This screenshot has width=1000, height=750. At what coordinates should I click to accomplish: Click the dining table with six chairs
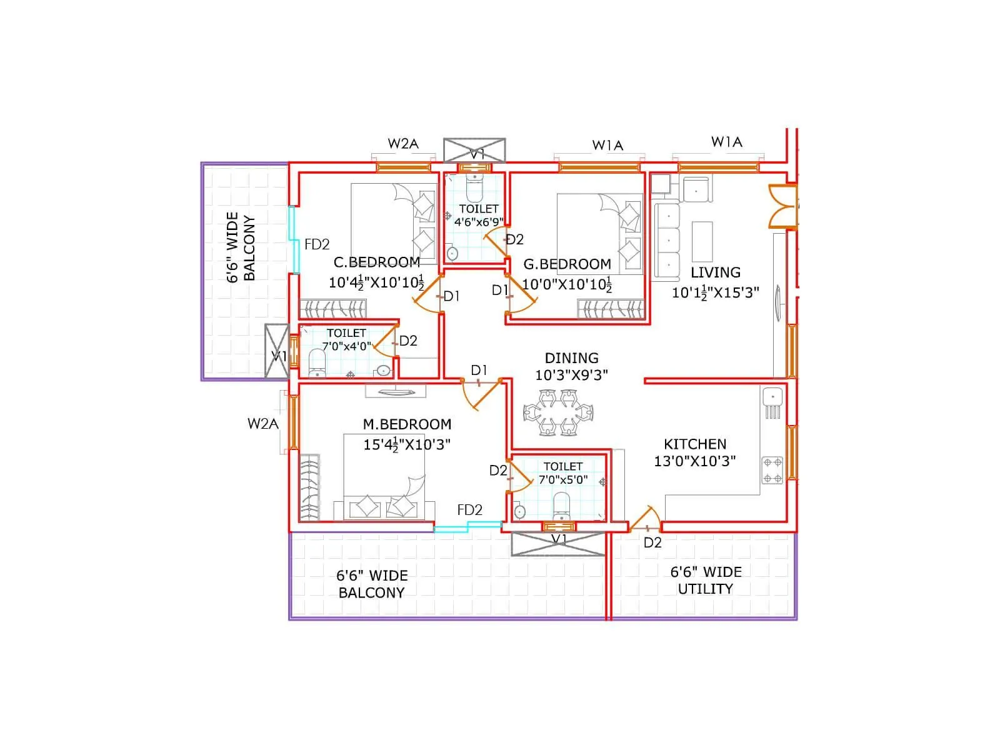558,412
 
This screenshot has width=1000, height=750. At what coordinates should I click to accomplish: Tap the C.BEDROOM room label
376,262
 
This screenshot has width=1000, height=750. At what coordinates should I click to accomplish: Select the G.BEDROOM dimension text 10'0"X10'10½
566,284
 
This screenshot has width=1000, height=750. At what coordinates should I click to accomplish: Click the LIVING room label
715,272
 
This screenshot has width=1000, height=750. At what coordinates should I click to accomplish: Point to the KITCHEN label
694,444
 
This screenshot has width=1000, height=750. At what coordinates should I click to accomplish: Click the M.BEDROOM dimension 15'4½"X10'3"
407,444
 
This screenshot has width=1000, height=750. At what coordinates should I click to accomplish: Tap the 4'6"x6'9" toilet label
479,222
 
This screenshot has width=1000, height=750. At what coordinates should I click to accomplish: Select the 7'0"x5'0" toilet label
562,479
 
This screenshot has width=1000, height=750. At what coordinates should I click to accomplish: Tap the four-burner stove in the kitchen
772,471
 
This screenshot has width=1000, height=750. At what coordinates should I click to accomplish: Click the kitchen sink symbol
772,397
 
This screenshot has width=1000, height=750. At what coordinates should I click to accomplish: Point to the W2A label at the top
402,144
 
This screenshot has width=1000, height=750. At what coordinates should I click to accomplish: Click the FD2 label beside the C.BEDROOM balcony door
317,244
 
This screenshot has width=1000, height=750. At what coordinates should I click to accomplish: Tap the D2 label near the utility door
652,542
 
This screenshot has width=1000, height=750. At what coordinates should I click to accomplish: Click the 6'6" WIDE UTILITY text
706,581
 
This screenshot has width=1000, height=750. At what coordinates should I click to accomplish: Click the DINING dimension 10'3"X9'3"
571,374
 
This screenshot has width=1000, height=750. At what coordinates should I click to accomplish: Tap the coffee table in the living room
702,241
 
